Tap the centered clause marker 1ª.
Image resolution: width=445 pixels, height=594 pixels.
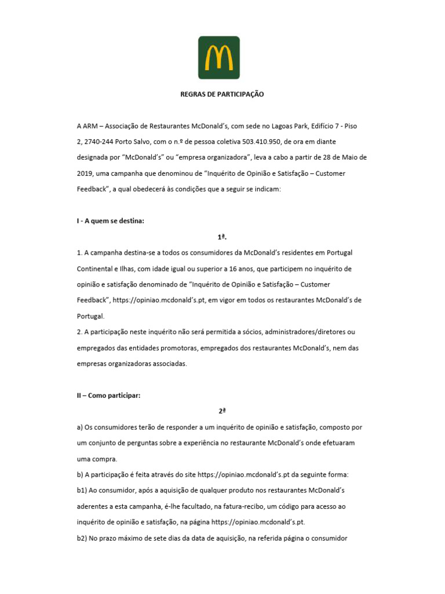coord(222,237)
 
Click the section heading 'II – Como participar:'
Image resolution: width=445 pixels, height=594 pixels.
coord(109,396)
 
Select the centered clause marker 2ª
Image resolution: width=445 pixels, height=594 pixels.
coord(222,411)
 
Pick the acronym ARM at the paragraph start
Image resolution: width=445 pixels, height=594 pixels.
coord(92,125)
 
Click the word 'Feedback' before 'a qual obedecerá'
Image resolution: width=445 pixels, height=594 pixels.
coord(93,189)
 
